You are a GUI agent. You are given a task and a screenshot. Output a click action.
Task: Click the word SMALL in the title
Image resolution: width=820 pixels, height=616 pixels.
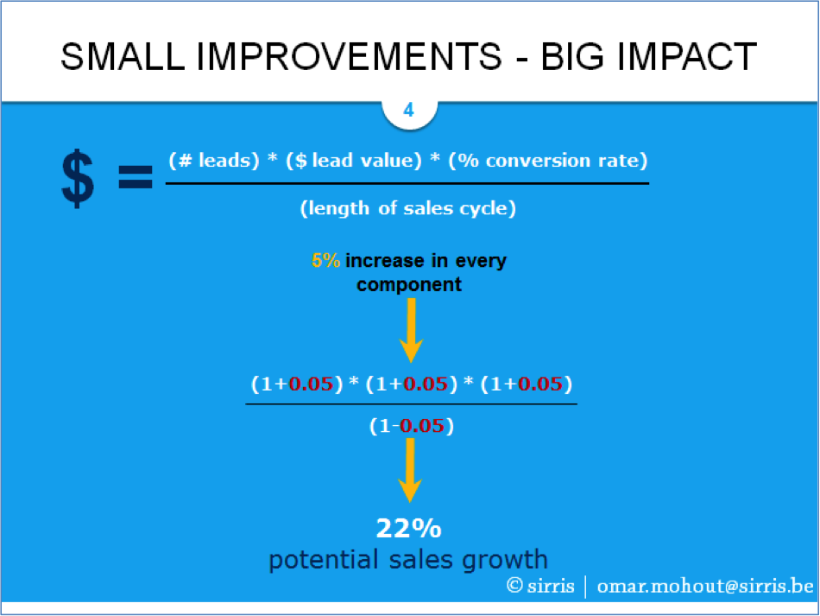coord(123,56)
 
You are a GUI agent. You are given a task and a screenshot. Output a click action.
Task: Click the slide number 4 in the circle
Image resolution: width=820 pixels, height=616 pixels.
coord(409,110)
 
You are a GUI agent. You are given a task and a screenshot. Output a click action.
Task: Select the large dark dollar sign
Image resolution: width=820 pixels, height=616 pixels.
coord(78,179)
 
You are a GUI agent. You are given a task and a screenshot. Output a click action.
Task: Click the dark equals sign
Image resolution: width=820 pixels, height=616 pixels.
coord(136,177)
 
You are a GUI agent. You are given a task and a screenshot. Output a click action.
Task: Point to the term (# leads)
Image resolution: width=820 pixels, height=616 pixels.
coord(214,160)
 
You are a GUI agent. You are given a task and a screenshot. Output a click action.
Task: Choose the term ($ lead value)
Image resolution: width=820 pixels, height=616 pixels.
coord(354,160)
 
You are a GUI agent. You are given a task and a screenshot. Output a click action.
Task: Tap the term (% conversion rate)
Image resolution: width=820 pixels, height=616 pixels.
coord(548,160)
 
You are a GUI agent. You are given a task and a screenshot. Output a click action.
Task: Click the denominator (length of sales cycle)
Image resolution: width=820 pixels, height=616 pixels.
coord(408,208)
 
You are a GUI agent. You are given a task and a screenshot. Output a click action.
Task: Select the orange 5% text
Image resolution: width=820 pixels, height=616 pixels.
coord(325,260)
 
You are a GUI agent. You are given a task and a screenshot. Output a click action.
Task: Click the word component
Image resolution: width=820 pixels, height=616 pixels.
coord(409,285)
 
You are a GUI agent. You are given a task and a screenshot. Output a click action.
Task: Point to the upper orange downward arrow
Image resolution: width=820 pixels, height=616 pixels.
coord(411,330)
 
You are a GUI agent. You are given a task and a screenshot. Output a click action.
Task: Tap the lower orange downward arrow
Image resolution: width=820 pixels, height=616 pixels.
coord(410,470)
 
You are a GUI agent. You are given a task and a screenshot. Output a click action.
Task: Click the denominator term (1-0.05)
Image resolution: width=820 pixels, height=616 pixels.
coord(412,425)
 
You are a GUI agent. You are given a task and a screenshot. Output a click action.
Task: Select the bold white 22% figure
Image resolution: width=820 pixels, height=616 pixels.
coord(409,528)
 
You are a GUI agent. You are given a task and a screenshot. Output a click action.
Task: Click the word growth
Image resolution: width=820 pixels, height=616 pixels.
coord(505,561)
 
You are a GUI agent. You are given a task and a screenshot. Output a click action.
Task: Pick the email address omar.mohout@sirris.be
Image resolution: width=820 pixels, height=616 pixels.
coord(705,586)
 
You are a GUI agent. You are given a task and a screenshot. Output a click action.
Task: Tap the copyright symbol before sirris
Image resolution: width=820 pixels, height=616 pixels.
coord(514,585)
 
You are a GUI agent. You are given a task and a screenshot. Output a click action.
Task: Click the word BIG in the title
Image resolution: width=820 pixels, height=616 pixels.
coord(573,56)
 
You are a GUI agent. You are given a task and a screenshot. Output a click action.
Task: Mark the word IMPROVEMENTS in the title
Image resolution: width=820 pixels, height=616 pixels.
coord(350,56)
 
